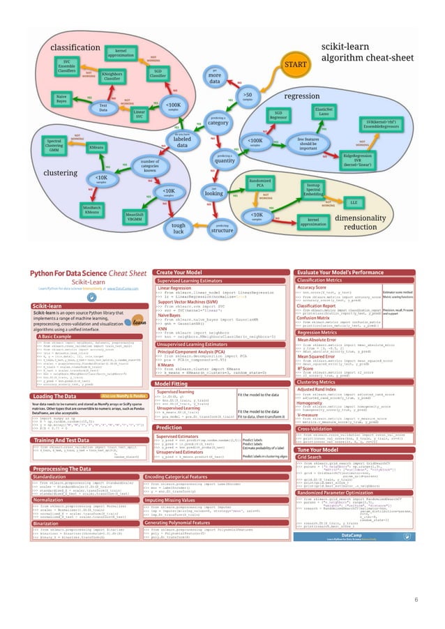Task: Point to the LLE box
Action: (352, 202)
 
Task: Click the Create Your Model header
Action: (180, 272)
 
